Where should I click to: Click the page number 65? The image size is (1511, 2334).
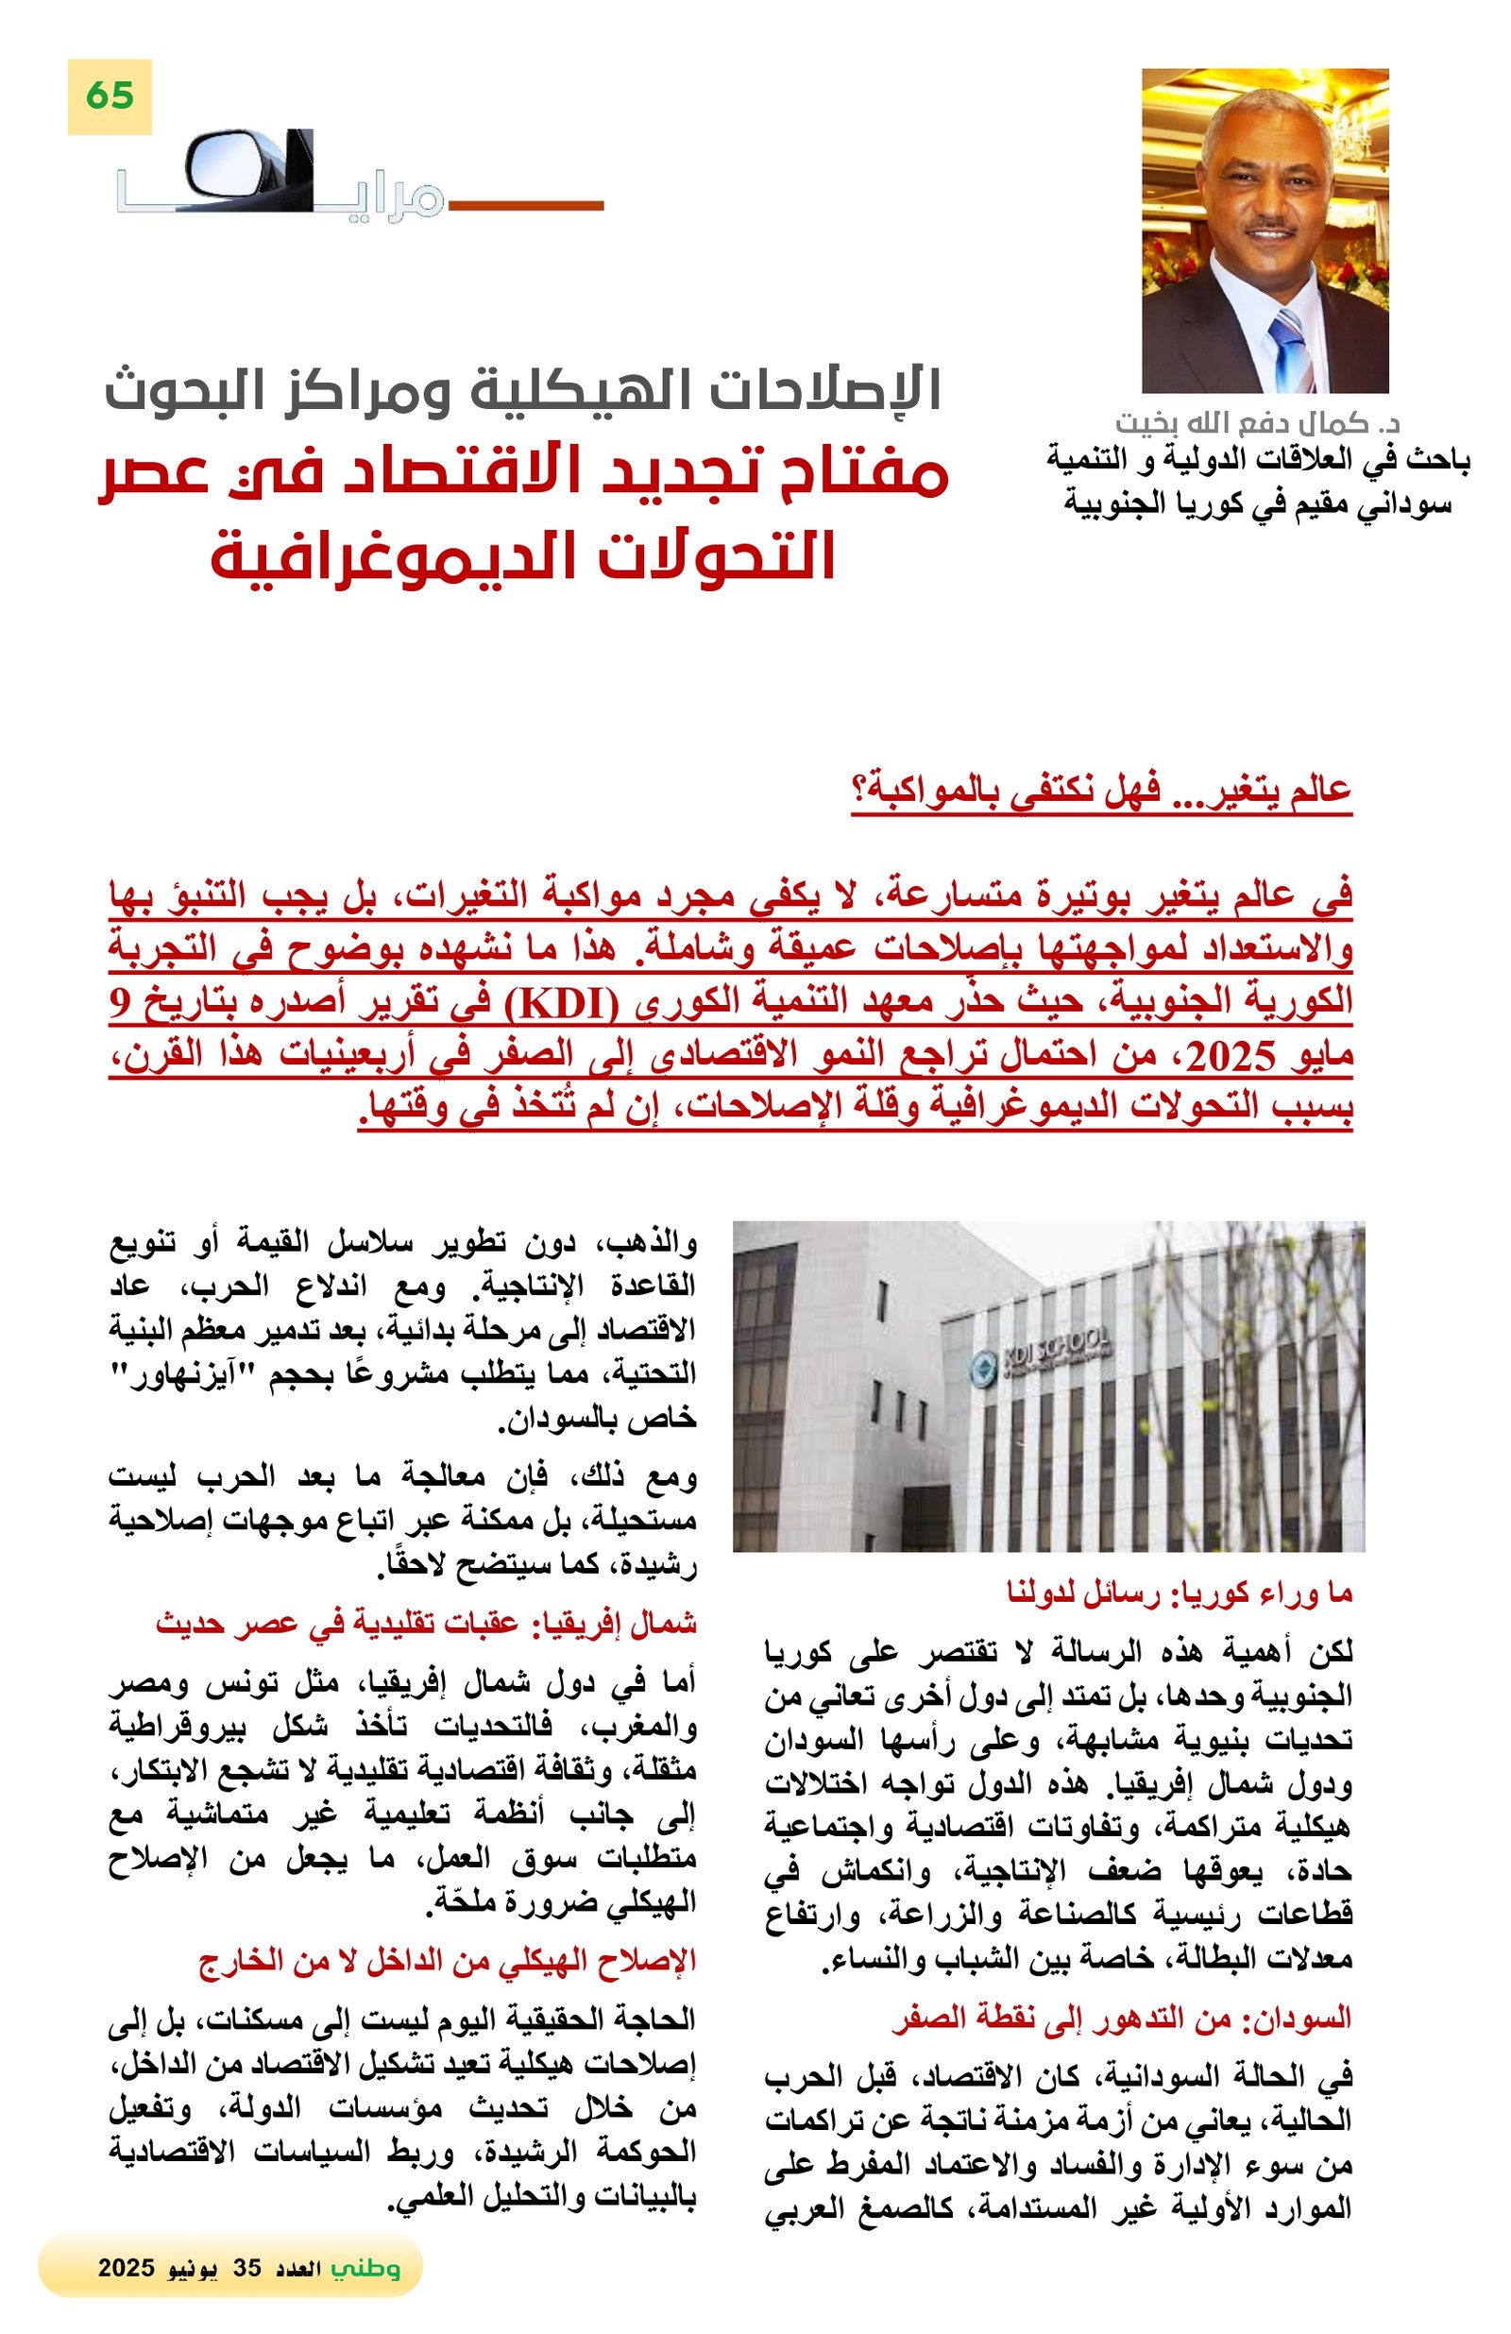tap(109, 96)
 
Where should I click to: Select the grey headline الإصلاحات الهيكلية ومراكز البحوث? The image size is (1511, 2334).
tap(521, 389)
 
